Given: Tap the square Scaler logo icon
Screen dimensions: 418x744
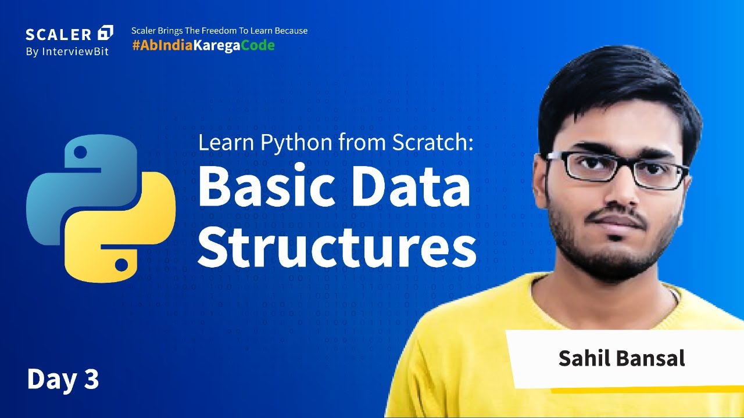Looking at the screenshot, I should [x=106, y=33].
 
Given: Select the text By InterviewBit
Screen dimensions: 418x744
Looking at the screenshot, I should [x=67, y=51].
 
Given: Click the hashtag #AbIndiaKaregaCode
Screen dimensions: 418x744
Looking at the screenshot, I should [x=203, y=46].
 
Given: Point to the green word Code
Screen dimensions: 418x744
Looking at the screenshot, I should [x=257, y=46].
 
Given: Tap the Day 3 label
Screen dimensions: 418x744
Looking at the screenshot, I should [x=63, y=379].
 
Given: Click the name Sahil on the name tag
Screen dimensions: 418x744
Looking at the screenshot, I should [x=582, y=358].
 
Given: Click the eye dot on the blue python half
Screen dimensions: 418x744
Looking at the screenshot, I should [x=81, y=153].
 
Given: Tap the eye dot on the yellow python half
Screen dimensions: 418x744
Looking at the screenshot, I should [x=121, y=265].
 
